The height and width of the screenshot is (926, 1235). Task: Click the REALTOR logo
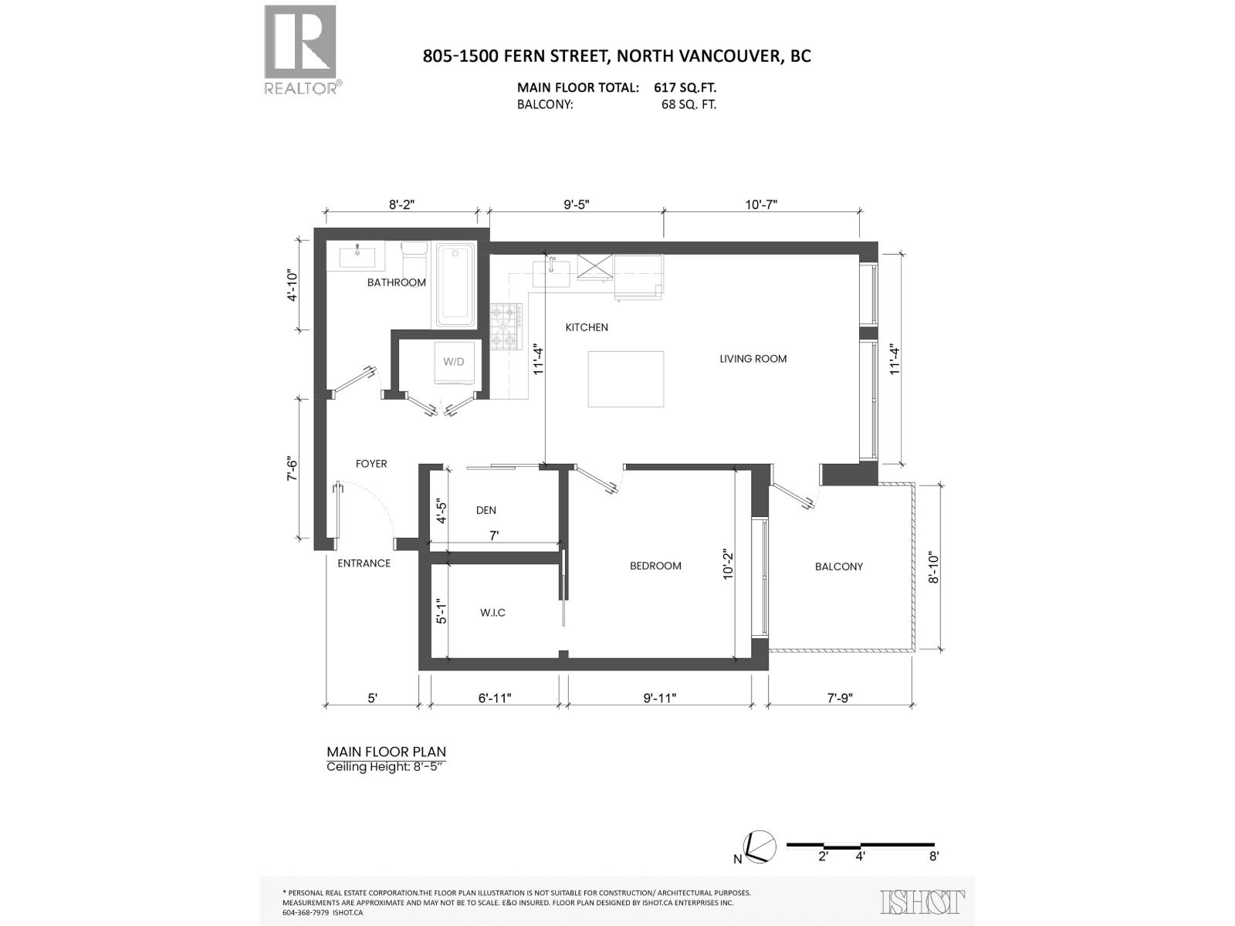click(300, 49)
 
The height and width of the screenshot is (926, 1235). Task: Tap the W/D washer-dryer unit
click(453, 362)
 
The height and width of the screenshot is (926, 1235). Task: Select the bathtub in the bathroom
click(455, 285)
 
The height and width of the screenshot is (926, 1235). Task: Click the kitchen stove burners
click(506, 326)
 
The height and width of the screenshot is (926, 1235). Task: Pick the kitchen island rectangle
click(625, 378)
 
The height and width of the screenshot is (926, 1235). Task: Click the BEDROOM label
click(655, 566)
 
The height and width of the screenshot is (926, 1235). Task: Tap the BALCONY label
click(838, 566)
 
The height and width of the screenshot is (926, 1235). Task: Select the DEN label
click(486, 510)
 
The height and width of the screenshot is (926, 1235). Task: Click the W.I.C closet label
click(492, 613)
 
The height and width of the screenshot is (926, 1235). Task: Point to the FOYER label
click(371, 464)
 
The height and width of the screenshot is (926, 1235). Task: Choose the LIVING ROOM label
click(753, 359)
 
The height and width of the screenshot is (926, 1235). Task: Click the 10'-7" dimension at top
click(761, 204)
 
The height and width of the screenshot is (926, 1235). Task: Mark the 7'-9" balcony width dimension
click(839, 698)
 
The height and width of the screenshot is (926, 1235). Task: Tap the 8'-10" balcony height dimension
click(934, 567)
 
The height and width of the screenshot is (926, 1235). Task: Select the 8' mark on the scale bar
click(933, 856)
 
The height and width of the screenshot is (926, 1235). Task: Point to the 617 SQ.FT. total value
click(685, 88)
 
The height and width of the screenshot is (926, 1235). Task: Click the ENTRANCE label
click(364, 563)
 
